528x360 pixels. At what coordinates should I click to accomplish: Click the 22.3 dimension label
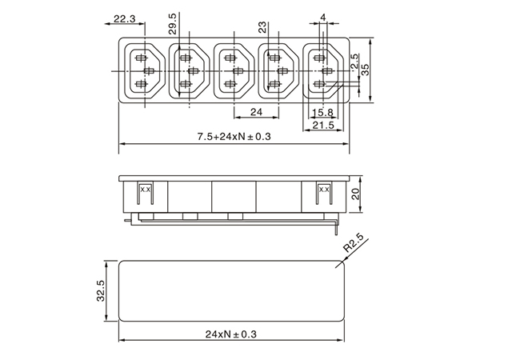(124, 18)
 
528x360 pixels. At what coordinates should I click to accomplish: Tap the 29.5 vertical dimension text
(173, 24)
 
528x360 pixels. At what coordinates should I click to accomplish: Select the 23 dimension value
(262, 27)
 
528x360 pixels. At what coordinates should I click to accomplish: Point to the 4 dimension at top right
(323, 17)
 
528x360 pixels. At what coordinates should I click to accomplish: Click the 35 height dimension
(365, 70)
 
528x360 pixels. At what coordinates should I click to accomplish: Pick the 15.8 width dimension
(322, 113)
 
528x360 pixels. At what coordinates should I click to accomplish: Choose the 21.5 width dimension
(323, 125)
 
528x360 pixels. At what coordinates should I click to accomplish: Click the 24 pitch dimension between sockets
(256, 112)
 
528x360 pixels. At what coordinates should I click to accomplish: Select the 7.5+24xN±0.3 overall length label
(234, 136)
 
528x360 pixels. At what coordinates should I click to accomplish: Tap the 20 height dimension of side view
(355, 194)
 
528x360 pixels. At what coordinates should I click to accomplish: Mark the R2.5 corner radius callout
(354, 243)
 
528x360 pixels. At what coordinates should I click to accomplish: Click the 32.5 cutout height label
(101, 290)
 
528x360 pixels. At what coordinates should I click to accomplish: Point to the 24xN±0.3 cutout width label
(231, 334)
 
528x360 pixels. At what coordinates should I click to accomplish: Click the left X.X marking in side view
(145, 190)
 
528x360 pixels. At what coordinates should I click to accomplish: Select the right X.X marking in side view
(324, 190)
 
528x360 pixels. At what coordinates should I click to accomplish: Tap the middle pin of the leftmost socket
(149, 71)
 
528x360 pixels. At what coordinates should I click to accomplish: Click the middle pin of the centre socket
(238, 71)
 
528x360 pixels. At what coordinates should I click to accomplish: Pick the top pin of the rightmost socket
(319, 58)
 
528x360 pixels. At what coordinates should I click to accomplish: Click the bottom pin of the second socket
(185, 84)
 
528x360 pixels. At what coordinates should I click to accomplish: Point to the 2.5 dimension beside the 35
(354, 62)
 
